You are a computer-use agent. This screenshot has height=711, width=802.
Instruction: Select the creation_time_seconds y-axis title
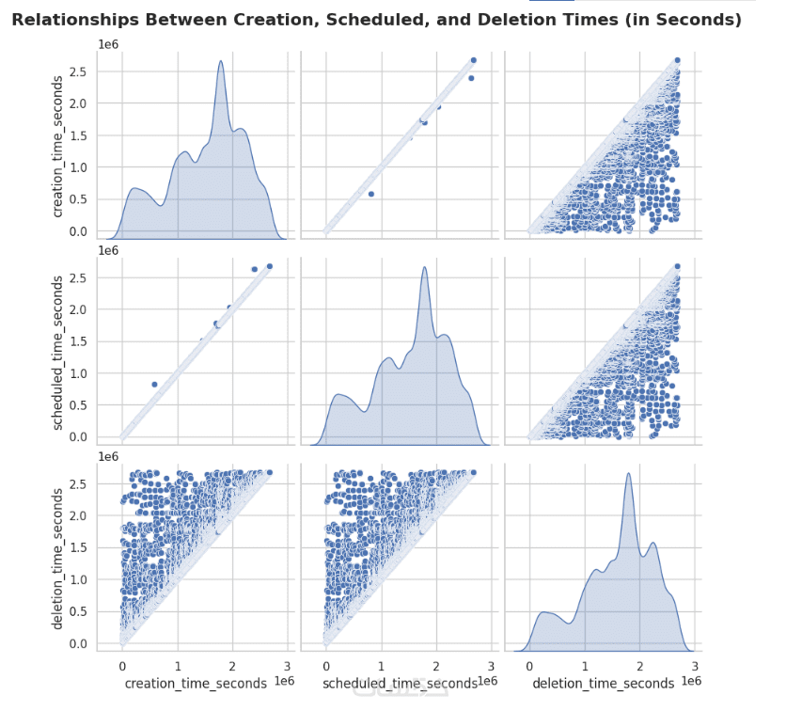click(x=59, y=149)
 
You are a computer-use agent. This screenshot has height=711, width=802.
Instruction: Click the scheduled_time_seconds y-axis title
click(x=59, y=353)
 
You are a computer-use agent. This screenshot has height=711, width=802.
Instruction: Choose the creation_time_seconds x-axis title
click(x=195, y=683)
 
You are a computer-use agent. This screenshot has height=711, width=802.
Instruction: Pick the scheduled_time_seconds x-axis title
click(x=400, y=683)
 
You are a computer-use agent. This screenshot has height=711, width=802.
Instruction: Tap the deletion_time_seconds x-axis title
click(x=603, y=683)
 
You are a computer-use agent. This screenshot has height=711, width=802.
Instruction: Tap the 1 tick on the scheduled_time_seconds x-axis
click(x=382, y=666)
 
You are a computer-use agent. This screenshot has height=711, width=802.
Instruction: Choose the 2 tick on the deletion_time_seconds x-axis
click(x=640, y=666)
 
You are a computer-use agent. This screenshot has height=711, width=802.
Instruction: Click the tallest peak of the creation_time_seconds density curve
click(x=220, y=61)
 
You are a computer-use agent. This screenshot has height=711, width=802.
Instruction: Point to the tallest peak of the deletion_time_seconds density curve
click(x=628, y=473)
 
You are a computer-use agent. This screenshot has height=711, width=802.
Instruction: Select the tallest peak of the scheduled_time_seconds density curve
click(x=425, y=267)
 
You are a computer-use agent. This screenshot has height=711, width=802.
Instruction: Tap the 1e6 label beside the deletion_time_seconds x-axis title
click(x=691, y=680)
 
